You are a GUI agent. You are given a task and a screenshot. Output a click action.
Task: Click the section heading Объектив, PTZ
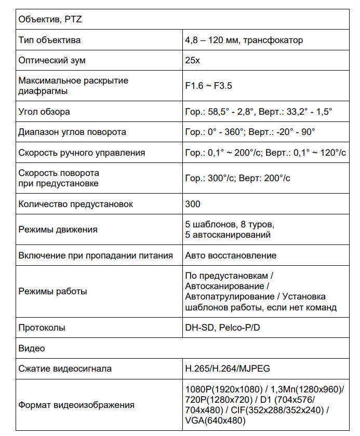(50, 20)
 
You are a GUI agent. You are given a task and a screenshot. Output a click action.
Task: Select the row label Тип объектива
(49, 40)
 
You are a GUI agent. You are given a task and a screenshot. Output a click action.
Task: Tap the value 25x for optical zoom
(193, 60)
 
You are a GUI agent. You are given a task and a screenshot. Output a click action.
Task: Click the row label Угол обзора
(44, 112)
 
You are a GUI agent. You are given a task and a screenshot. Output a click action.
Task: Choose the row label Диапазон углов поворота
(72, 132)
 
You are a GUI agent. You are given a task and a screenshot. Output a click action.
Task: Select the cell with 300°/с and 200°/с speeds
(237, 178)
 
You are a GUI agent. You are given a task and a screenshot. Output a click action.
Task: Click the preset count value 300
(193, 204)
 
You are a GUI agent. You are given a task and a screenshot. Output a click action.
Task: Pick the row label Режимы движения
(58, 229)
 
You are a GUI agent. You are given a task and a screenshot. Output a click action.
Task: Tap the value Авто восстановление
(231, 255)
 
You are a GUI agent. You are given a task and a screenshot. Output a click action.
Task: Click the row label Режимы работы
(52, 291)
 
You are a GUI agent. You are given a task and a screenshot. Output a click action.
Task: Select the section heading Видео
(32, 348)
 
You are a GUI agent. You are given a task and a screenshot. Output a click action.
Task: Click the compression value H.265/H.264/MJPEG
(227, 369)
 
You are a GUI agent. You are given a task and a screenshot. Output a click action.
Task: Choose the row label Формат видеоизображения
(76, 405)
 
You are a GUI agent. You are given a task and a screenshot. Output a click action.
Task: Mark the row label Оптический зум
(52, 60)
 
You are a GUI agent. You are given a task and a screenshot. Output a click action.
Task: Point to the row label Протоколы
(42, 328)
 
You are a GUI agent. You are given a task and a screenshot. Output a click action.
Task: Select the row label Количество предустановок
(76, 204)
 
